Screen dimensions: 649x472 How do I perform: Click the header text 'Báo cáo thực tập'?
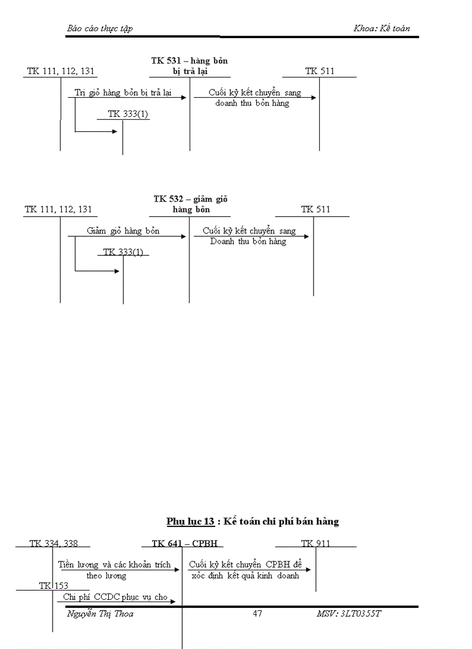[x=100, y=28]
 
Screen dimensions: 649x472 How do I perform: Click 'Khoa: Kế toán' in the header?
[x=382, y=28]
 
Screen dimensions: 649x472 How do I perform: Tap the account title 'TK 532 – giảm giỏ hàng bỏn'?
[x=190, y=204]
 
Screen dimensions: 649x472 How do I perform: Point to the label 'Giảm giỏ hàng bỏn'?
[x=123, y=231]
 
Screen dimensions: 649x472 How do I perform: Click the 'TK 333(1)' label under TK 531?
[x=128, y=114]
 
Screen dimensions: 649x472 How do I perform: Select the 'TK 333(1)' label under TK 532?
[x=123, y=251]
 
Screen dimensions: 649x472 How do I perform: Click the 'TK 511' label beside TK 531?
[x=320, y=71]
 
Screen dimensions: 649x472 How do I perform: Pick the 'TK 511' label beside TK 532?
[x=315, y=209]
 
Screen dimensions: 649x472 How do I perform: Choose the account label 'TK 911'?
[x=315, y=543]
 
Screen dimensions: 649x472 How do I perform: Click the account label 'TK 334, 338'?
[x=53, y=543]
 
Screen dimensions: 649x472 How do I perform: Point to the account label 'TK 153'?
[x=54, y=585]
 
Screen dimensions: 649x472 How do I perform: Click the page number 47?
[x=257, y=613]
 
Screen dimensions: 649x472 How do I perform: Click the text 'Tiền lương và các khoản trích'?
[x=115, y=565]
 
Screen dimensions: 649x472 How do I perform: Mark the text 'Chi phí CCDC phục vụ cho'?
[x=115, y=596]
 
